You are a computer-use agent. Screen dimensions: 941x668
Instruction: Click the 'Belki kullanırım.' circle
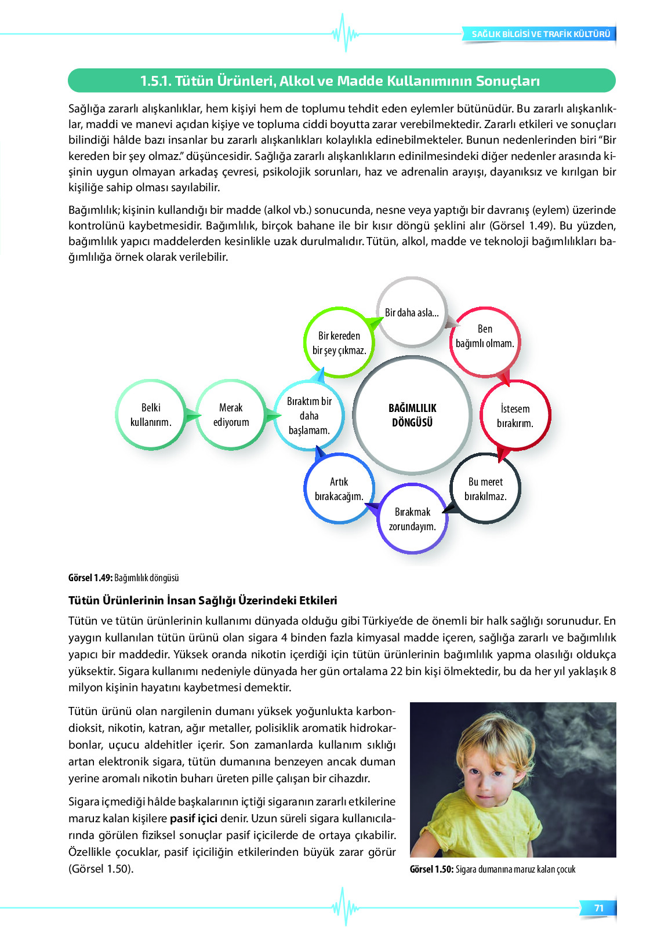[x=151, y=415]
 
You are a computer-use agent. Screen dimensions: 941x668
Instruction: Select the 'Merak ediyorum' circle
[x=231, y=415]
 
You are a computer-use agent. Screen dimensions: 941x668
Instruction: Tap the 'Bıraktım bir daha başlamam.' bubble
[x=309, y=415]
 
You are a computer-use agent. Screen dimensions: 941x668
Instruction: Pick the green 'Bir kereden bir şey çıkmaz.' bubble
[x=339, y=343]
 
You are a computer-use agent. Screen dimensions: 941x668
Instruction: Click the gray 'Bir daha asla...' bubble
[x=412, y=312]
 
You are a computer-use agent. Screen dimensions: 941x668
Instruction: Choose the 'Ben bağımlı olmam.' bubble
[x=485, y=336]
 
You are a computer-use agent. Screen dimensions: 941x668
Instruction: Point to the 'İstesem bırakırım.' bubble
[x=515, y=415]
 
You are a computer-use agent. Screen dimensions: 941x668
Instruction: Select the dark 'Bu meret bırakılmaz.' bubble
[x=485, y=489]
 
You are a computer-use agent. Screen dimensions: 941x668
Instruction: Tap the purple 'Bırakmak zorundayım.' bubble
[x=412, y=519]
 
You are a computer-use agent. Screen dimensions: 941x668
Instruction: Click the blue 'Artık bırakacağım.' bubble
[x=339, y=489]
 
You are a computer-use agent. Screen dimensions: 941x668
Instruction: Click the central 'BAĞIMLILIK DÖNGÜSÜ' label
[x=412, y=415]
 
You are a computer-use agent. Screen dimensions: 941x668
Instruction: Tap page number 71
[x=599, y=908]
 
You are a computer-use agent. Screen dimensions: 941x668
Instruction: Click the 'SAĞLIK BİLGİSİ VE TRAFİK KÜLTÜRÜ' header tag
[x=540, y=34]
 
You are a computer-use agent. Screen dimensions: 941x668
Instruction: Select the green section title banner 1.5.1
[x=341, y=81]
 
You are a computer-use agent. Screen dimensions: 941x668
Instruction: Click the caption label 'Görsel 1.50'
[x=431, y=869]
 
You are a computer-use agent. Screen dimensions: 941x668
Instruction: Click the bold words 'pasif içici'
[x=194, y=819]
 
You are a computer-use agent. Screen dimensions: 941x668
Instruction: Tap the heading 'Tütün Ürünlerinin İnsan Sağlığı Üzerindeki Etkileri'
[x=203, y=600]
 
